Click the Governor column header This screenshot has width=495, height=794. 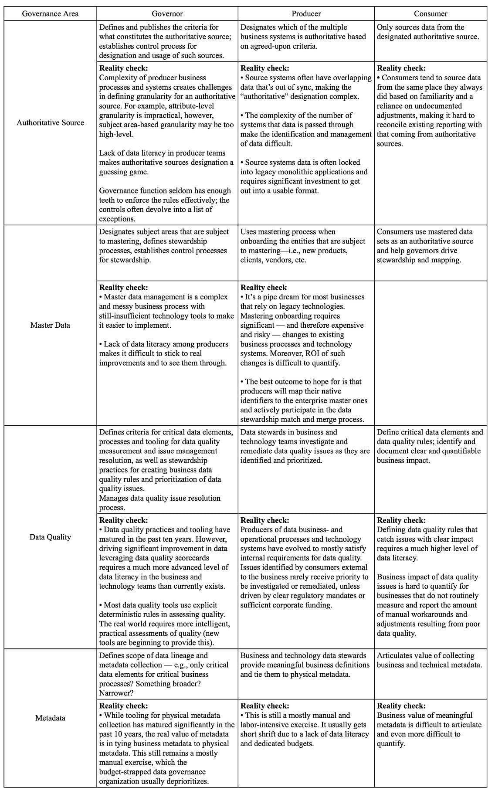[167, 14]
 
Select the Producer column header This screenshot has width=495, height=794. [306, 14]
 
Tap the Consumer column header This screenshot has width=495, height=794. [431, 14]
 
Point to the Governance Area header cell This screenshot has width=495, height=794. [51, 14]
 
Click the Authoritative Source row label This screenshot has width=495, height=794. [51, 123]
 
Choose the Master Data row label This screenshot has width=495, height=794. [50, 325]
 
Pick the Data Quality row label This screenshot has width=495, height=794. [50, 537]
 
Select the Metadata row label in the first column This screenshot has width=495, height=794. [50, 718]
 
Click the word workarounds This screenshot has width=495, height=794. [445, 615]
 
